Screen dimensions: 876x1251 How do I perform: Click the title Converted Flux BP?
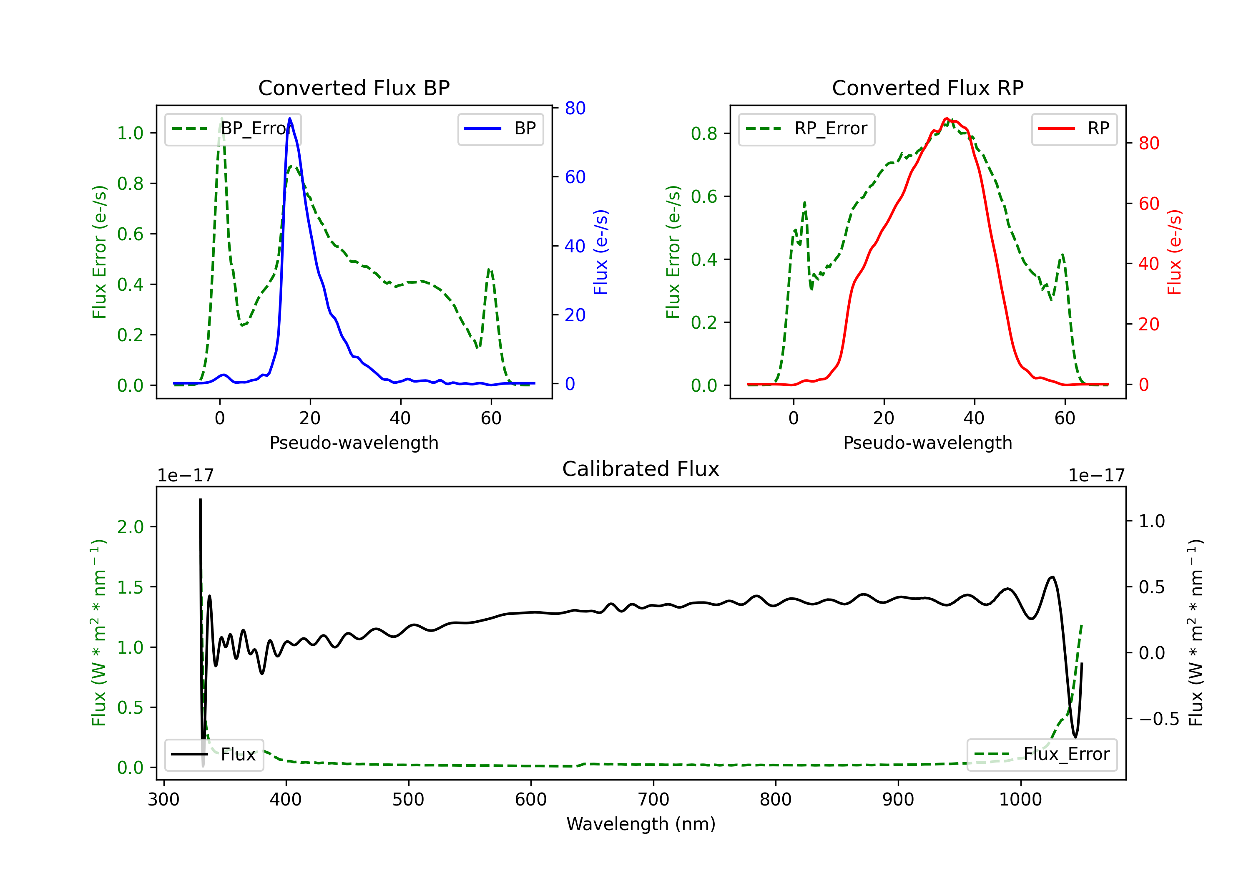[x=354, y=88]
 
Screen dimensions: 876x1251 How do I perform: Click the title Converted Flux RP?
[x=927, y=88]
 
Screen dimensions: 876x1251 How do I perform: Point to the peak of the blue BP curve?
[x=290, y=118]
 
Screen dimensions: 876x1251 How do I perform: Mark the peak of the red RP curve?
[x=947, y=118]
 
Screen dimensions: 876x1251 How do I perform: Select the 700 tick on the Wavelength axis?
[x=653, y=800]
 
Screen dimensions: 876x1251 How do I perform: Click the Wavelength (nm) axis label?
[x=641, y=824]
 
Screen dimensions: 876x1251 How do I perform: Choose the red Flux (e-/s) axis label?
[x=1174, y=252]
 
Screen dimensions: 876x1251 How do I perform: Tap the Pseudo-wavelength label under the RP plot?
[x=927, y=443]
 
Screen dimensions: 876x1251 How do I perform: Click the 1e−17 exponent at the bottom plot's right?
[x=1096, y=476]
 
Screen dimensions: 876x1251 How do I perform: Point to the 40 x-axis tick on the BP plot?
[x=400, y=418]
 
